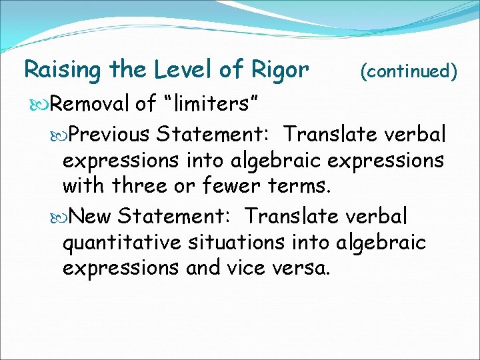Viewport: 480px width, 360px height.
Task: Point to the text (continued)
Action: click(x=409, y=70)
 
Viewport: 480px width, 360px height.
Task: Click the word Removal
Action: click(x=90, y=104)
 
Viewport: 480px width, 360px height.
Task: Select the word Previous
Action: click(x=110, y=134)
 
